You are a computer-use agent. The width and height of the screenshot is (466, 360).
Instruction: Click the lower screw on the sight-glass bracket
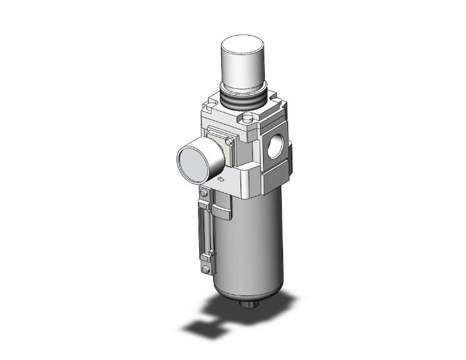(x=205, y=270)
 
